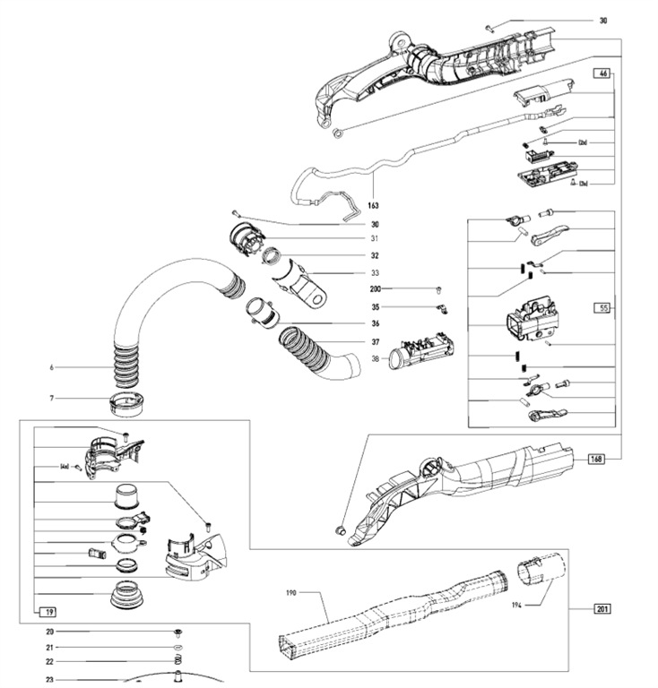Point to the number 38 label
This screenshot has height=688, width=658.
click(375, 359)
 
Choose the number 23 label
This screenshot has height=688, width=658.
click(50, 679)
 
